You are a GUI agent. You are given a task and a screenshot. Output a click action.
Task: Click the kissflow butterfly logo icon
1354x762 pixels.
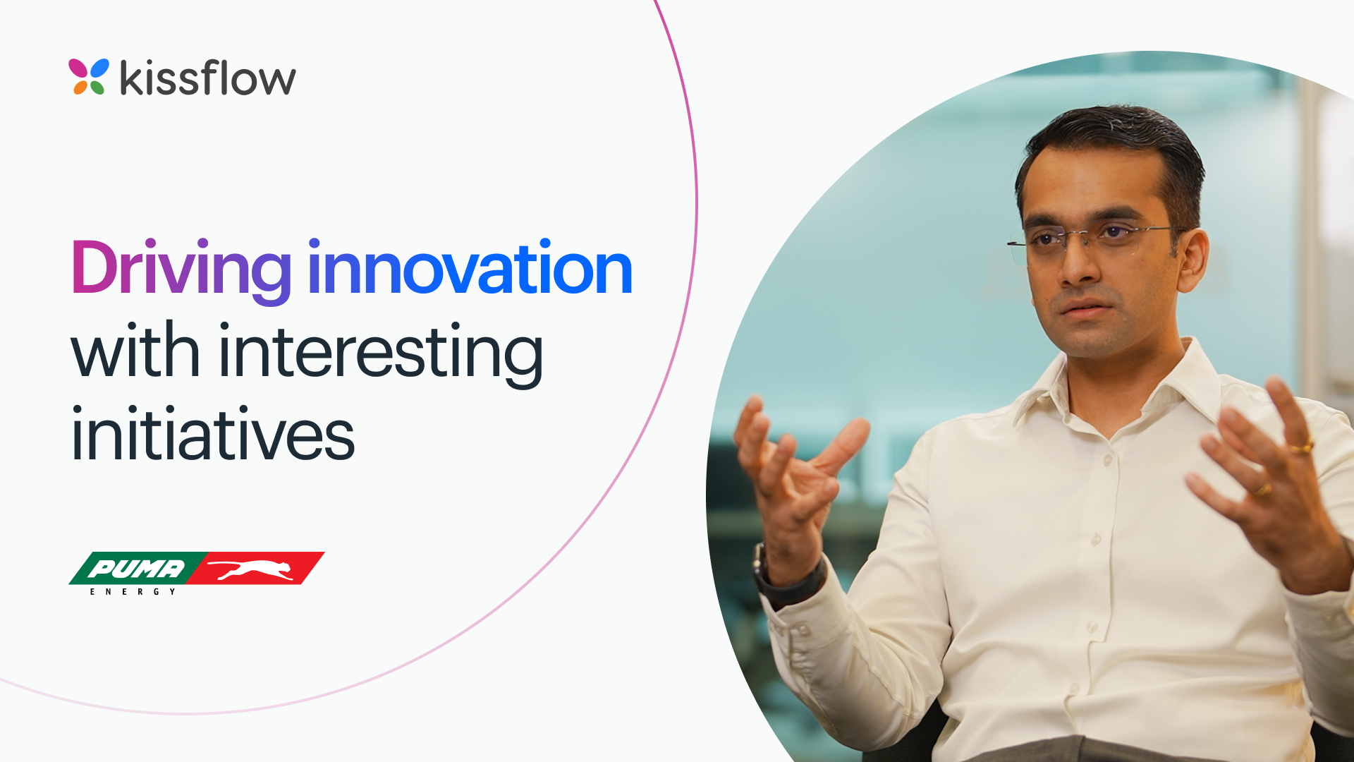pyautogui.click(x=89, y=76)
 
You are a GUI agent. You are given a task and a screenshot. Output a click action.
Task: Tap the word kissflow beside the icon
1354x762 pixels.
pyautogui.click(x=208, y=77)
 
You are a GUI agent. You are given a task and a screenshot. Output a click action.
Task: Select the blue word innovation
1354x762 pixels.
pyautogui.click(x=470, y=268)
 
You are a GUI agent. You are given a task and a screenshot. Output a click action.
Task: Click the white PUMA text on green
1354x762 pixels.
pyautogui.click(x=136, y=568)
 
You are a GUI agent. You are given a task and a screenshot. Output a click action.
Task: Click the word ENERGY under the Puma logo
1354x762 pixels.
pyautogui.click(x=133, y=592)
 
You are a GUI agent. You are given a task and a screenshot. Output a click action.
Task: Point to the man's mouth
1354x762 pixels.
pyautogui.click(x=1086, y=309)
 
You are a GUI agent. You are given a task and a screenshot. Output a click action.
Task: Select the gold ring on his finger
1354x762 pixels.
pyautogui.click(x=1302, y=447)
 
